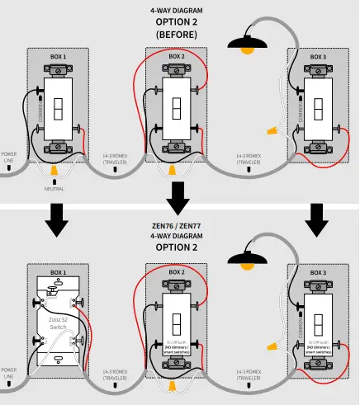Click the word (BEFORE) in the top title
click(176, 35)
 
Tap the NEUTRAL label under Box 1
click(54, 188)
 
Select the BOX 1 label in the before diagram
click(58, 56)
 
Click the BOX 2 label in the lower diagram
click(177, 271)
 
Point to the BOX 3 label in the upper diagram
click(319, 56)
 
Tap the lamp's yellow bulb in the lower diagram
click(246, 273)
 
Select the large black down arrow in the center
click(177, 197)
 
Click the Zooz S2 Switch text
click(57, 323)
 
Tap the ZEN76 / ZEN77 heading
click(176, 225)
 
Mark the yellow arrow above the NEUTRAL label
click(54, 172)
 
